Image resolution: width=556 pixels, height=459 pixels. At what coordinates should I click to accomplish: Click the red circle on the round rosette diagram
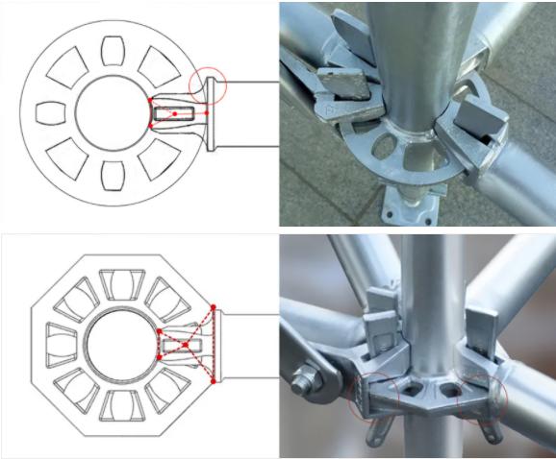pos(210,85)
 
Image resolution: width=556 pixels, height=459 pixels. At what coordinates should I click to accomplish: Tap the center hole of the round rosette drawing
pos(114,113)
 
